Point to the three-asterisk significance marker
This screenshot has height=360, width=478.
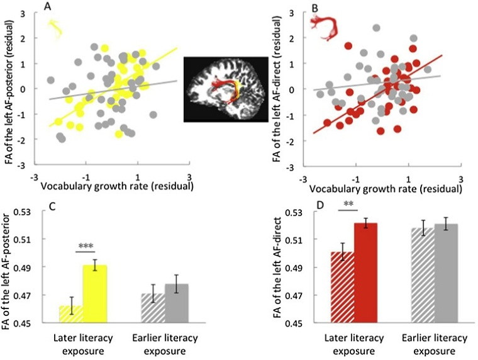84,247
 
